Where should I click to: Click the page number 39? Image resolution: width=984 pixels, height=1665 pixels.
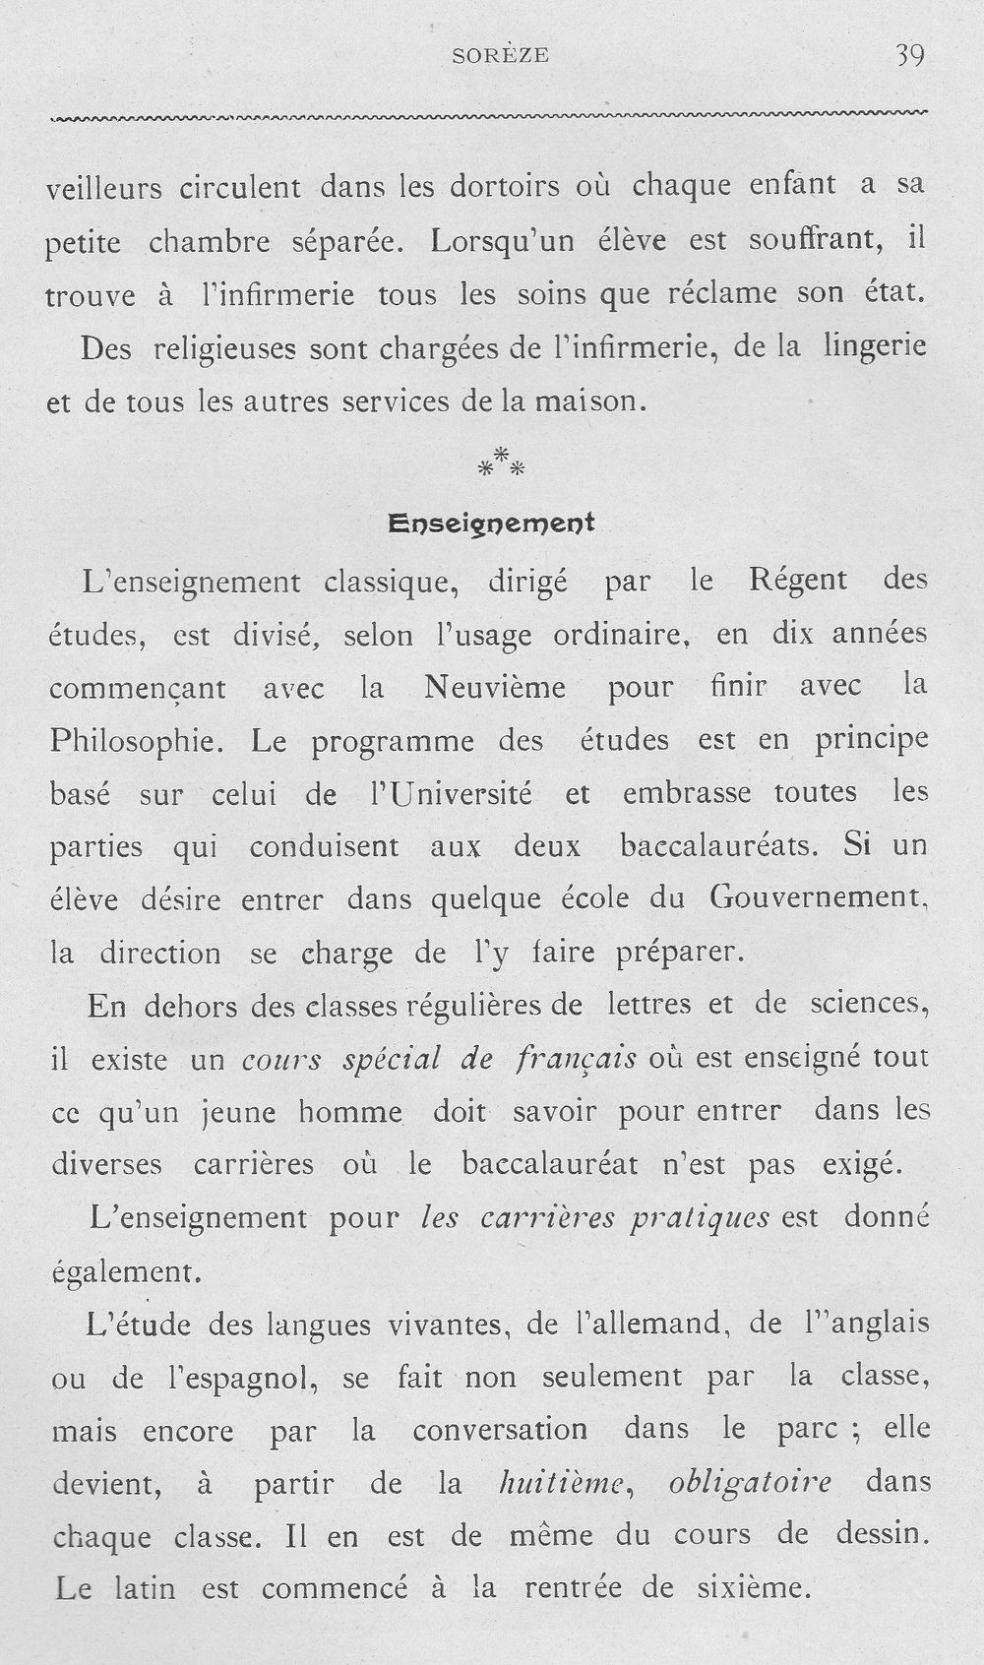click(909, 56)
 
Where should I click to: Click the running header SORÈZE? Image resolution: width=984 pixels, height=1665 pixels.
click(501, 57)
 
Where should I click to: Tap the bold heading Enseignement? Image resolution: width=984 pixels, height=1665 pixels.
click(492, 524)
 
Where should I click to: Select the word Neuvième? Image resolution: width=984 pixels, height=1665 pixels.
click(495, 687)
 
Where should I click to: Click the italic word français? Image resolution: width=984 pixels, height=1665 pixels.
click(576, 1060)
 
